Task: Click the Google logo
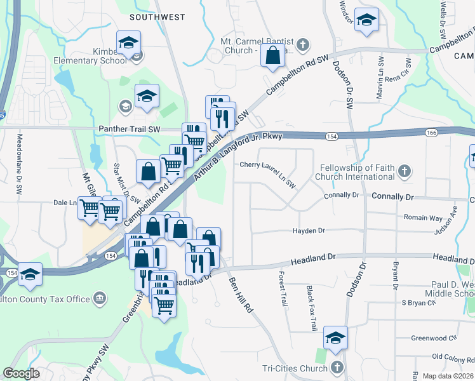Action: pyautogui.click(x=21, y=373)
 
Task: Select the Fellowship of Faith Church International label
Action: pyautogui.click(x=354, y=171)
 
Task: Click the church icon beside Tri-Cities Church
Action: pyautogui.click(x=337, y=368)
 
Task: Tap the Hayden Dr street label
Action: pyautogui.click(x=309, y=231)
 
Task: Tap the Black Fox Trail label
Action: pyautogui.click(x=311, y=308)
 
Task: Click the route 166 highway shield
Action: pyautogui.click(x=432, y=132)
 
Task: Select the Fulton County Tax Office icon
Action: pyautogui.click(x=99, y=298)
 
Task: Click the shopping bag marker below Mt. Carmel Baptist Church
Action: pyautogui.click(x=272, y=56)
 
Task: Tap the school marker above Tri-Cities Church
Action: pyautogui.click(x=335, y=338)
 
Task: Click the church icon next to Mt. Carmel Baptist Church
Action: pyautogui.click(x=304, y=44)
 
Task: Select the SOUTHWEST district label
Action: pyautogui.click(x=157, y=17)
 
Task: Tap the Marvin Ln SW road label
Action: pyautogui.click(x=381, y=78)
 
